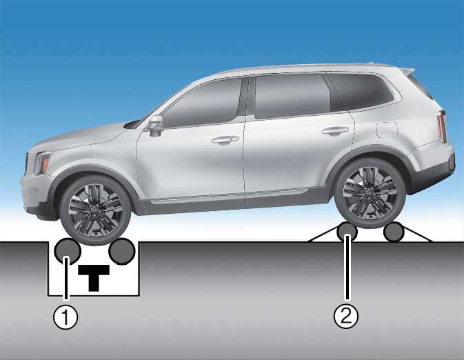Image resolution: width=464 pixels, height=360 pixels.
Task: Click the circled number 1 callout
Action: (65, 317)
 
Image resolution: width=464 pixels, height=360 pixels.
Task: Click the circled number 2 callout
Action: (346, 316)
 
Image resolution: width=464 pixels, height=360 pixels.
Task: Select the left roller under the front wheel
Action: (68, 251)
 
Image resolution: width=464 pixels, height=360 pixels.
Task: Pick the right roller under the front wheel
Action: (122, 252)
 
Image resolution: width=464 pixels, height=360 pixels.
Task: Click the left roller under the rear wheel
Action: (347, 232)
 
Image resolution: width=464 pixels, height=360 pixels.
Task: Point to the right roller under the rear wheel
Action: (394, 232)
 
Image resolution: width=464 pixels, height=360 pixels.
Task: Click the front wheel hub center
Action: (94, 210)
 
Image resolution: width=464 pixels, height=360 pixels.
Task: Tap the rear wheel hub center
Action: (370, 192)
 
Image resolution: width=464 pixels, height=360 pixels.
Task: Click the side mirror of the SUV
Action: (156, 126)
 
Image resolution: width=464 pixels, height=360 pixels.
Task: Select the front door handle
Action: (225, 140)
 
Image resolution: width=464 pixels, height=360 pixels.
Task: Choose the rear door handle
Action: (335, 130)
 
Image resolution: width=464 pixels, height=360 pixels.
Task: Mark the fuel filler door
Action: (387, 130)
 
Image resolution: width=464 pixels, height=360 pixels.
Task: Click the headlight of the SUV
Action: (42, 163)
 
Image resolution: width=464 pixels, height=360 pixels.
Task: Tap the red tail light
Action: (442, 127)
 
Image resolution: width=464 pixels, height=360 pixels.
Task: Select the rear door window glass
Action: (292, 96)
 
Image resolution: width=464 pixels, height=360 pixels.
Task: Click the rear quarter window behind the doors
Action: (361, 92)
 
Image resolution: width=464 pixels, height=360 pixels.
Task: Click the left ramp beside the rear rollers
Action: (323, 234)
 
